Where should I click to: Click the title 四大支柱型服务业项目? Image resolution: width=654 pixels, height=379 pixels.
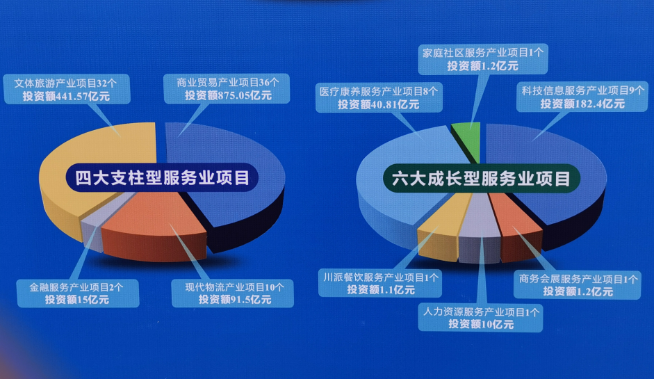click(162, 177)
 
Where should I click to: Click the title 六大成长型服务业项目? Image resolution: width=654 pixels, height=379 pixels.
click(482, 179)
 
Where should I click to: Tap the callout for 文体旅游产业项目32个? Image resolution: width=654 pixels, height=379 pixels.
click(67, 89)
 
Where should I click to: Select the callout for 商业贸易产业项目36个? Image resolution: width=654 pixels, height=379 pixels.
click(227, 89)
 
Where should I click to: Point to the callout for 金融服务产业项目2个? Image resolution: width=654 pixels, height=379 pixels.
click(78, 293)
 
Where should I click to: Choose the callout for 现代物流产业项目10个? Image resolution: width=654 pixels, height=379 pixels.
click(233, 293)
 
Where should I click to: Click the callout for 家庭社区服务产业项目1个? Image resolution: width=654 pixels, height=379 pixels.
click(483, 59)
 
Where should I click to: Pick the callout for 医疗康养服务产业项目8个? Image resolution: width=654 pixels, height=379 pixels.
click(379, 97)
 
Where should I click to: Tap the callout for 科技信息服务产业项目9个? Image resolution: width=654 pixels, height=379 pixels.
click(582, 97)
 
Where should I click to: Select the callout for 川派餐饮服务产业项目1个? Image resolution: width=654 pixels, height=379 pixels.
click(380, 284)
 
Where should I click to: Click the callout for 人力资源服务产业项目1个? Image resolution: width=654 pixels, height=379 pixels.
click(480, 318)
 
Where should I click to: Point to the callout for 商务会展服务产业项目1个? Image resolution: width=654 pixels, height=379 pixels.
click(578, 285)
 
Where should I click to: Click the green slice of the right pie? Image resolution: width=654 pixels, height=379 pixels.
click(468, 140)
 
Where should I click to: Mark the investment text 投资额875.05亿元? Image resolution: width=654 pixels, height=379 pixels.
click(228, 95)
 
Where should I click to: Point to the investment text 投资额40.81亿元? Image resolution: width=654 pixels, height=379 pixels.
click(378, 104)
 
